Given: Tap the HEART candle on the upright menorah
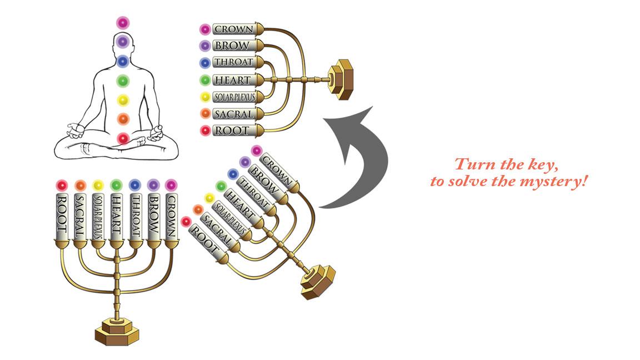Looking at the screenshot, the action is (x=116, y=216).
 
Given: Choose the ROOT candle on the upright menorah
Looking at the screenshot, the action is (x=61, y=216).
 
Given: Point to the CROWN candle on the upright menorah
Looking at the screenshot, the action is (x=172, y=216).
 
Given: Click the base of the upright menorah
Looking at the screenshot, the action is (x=117, y=331).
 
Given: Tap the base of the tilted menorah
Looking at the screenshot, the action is (x=318, y=282).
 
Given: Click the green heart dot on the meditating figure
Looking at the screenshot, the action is (x=123, y=81).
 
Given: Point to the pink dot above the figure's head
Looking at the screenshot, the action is (x=123, y=22).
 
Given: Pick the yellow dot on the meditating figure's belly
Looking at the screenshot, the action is (x=123, y=100).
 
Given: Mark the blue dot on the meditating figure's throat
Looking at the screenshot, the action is (x=123, y=61).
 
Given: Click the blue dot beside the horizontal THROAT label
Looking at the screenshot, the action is (x=205, y=63).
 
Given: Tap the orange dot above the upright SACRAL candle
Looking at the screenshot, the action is (x=81, y=186).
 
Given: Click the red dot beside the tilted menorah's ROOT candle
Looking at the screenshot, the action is (x=186, y=222).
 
